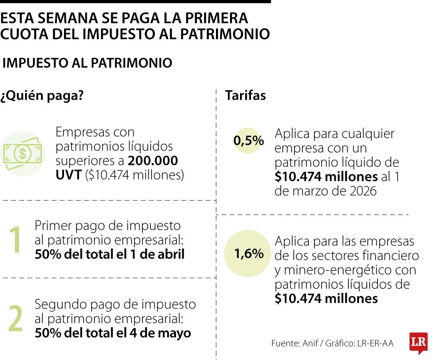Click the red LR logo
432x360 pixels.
(418, 343)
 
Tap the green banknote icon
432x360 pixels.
(22, 154)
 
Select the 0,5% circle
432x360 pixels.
(248, 141)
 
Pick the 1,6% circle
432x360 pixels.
(248, 254)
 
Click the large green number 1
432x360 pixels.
(16, 240)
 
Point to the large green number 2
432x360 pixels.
(16, 319)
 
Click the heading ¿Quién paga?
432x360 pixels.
(42, 96)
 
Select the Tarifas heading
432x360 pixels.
(245, 96)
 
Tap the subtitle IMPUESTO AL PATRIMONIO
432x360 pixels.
(87, 63)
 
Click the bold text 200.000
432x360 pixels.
(153, 161)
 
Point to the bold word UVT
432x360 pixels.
(68, 175)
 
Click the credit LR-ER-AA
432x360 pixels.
(374, 343)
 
